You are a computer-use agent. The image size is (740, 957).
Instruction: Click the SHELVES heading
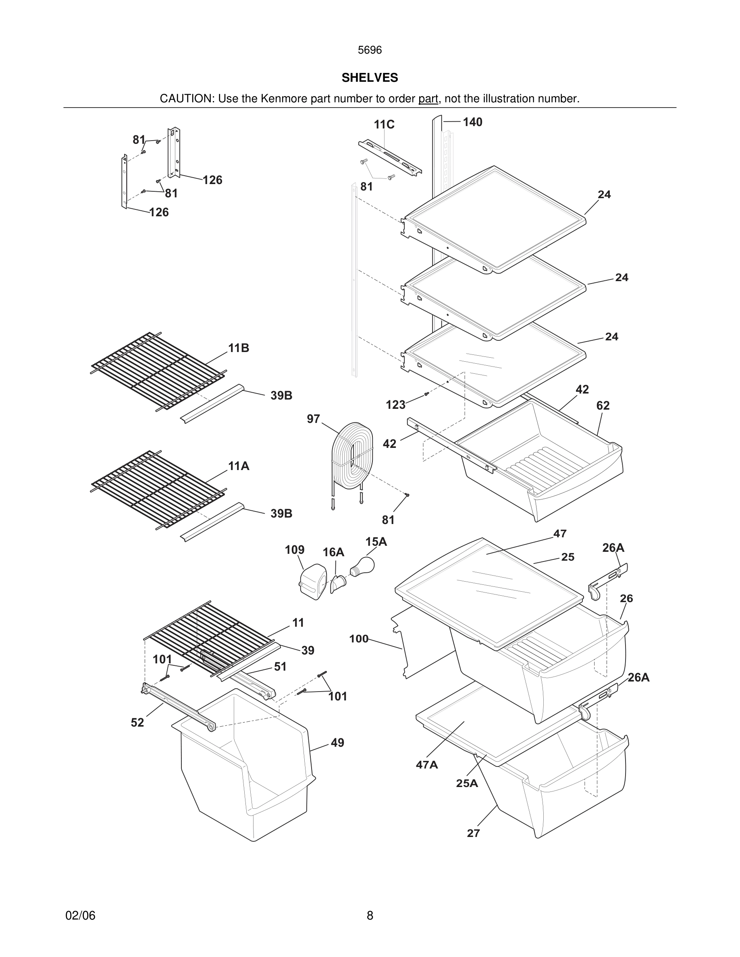point(370,78)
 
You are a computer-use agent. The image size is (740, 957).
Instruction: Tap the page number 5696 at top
point(370,50)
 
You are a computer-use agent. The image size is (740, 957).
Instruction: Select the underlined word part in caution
point(428,99)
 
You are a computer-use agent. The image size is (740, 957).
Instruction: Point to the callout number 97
point(313,419)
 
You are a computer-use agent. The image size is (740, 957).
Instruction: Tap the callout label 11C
point(384,125)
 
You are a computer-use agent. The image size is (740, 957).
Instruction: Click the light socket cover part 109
point(313,582)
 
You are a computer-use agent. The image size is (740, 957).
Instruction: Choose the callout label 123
point(395,405)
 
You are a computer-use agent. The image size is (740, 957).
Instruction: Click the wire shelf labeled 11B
point(158,371)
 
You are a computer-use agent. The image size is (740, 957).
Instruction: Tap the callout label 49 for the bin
point(337,743)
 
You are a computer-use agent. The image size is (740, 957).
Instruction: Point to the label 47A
point(426,765)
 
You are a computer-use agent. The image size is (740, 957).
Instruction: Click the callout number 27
point(473,833)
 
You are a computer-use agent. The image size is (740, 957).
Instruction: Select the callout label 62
point(603,406)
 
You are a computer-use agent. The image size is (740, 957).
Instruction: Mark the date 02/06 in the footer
point(80,916)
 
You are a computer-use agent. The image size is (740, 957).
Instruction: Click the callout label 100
point(359,639)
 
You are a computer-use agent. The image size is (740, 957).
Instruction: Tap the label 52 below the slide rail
point(137,723)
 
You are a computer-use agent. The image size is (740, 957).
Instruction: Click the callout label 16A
point(333,553)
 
